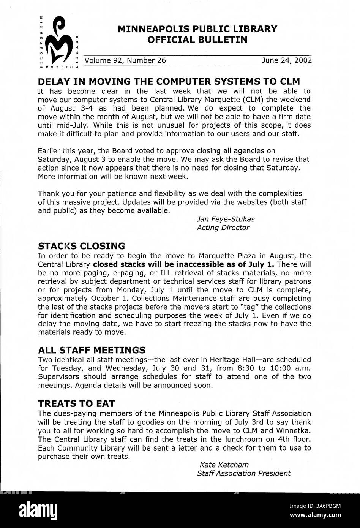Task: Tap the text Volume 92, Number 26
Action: pos(125,60)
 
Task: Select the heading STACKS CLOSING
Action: pos(81,246)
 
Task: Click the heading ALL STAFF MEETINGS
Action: pos(92,350)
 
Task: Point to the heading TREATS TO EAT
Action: pos(76,403)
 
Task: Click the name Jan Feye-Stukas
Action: pos(226,219)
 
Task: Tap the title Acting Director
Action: pos(223,228)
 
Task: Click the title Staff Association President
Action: pos(244,473)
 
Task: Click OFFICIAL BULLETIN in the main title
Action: pos(197,40)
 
